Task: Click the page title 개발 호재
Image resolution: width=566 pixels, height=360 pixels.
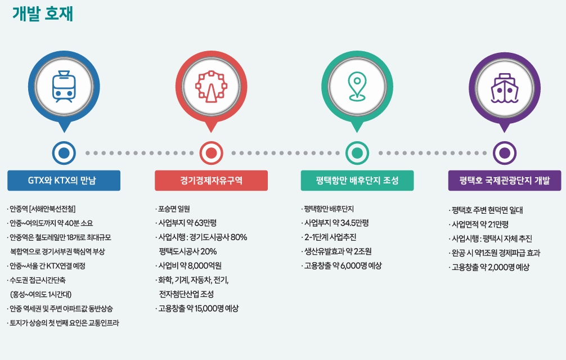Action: click(43, 14)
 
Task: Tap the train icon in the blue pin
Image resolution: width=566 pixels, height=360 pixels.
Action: click(64, 87)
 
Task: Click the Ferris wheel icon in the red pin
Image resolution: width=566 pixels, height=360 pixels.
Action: click(211, 87)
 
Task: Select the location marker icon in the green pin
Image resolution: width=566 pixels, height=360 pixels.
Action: click(357, 87)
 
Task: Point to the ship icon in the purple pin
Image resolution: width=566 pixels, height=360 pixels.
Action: click(504, 88)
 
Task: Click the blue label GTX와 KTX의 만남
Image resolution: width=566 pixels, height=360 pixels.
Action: click(64, 181)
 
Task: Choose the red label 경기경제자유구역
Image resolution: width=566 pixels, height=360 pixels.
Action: click(211, 181)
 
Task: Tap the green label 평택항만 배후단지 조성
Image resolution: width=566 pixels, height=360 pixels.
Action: click(357, 181)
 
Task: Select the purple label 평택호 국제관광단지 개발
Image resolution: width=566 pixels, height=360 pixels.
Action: click(504, 181)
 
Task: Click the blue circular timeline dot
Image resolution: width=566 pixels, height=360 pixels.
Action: click(64, 153)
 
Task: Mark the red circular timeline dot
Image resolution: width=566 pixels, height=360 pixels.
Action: click(211, 153)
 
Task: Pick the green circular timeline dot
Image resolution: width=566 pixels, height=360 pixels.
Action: click(357, 153)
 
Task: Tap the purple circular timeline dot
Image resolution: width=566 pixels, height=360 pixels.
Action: click(504, 153)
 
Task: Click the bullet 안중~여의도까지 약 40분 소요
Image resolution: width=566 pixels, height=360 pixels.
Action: click(50, 223)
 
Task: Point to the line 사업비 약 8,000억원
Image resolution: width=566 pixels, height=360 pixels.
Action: click(189, 266)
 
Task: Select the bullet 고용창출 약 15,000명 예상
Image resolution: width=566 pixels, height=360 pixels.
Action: click(197, 308)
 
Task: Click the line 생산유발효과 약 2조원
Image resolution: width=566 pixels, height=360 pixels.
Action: click(337, 251)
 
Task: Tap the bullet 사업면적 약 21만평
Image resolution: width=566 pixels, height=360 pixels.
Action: click(479, 224)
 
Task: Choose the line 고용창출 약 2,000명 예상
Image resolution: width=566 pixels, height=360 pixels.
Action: click(489, 267)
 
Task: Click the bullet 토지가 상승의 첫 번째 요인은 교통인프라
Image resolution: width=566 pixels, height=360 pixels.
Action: click(63, 323)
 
